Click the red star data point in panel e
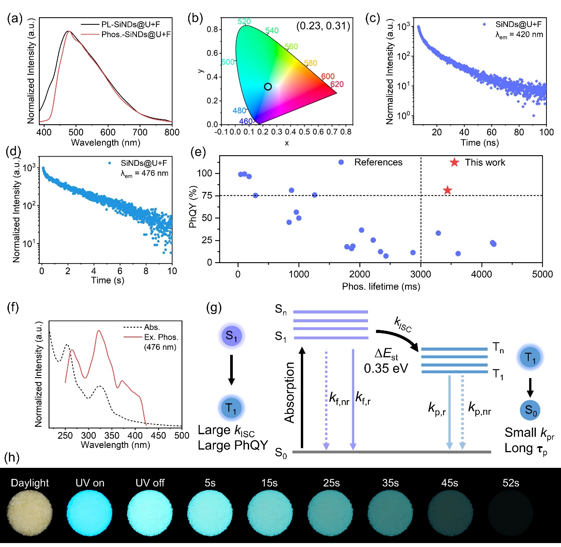coord(447,190)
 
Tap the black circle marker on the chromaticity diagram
coord(268,87)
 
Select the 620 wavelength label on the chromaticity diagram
coord(337,84)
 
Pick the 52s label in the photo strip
coord(511,483)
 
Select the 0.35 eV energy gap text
coord(386,368)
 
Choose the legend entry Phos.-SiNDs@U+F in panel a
coord(136,34)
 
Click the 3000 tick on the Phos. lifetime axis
coord(421,274)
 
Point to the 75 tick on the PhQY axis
coord(207,195)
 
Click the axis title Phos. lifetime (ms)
coord(381,287)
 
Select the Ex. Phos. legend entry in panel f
coord(161,337)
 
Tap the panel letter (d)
coord(13,152)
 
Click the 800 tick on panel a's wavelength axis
coord(172,132)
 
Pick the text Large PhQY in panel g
coord(233,445)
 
